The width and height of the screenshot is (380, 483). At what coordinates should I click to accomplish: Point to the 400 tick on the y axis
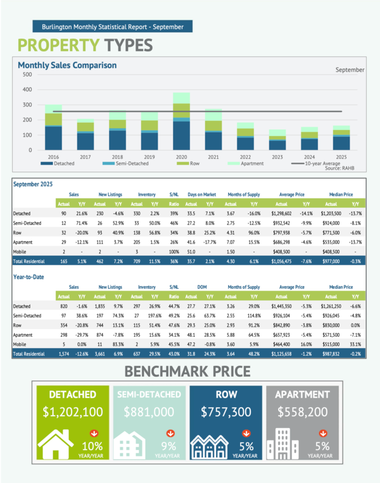27,89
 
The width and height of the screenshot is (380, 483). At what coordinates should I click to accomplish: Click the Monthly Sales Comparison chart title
67,65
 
